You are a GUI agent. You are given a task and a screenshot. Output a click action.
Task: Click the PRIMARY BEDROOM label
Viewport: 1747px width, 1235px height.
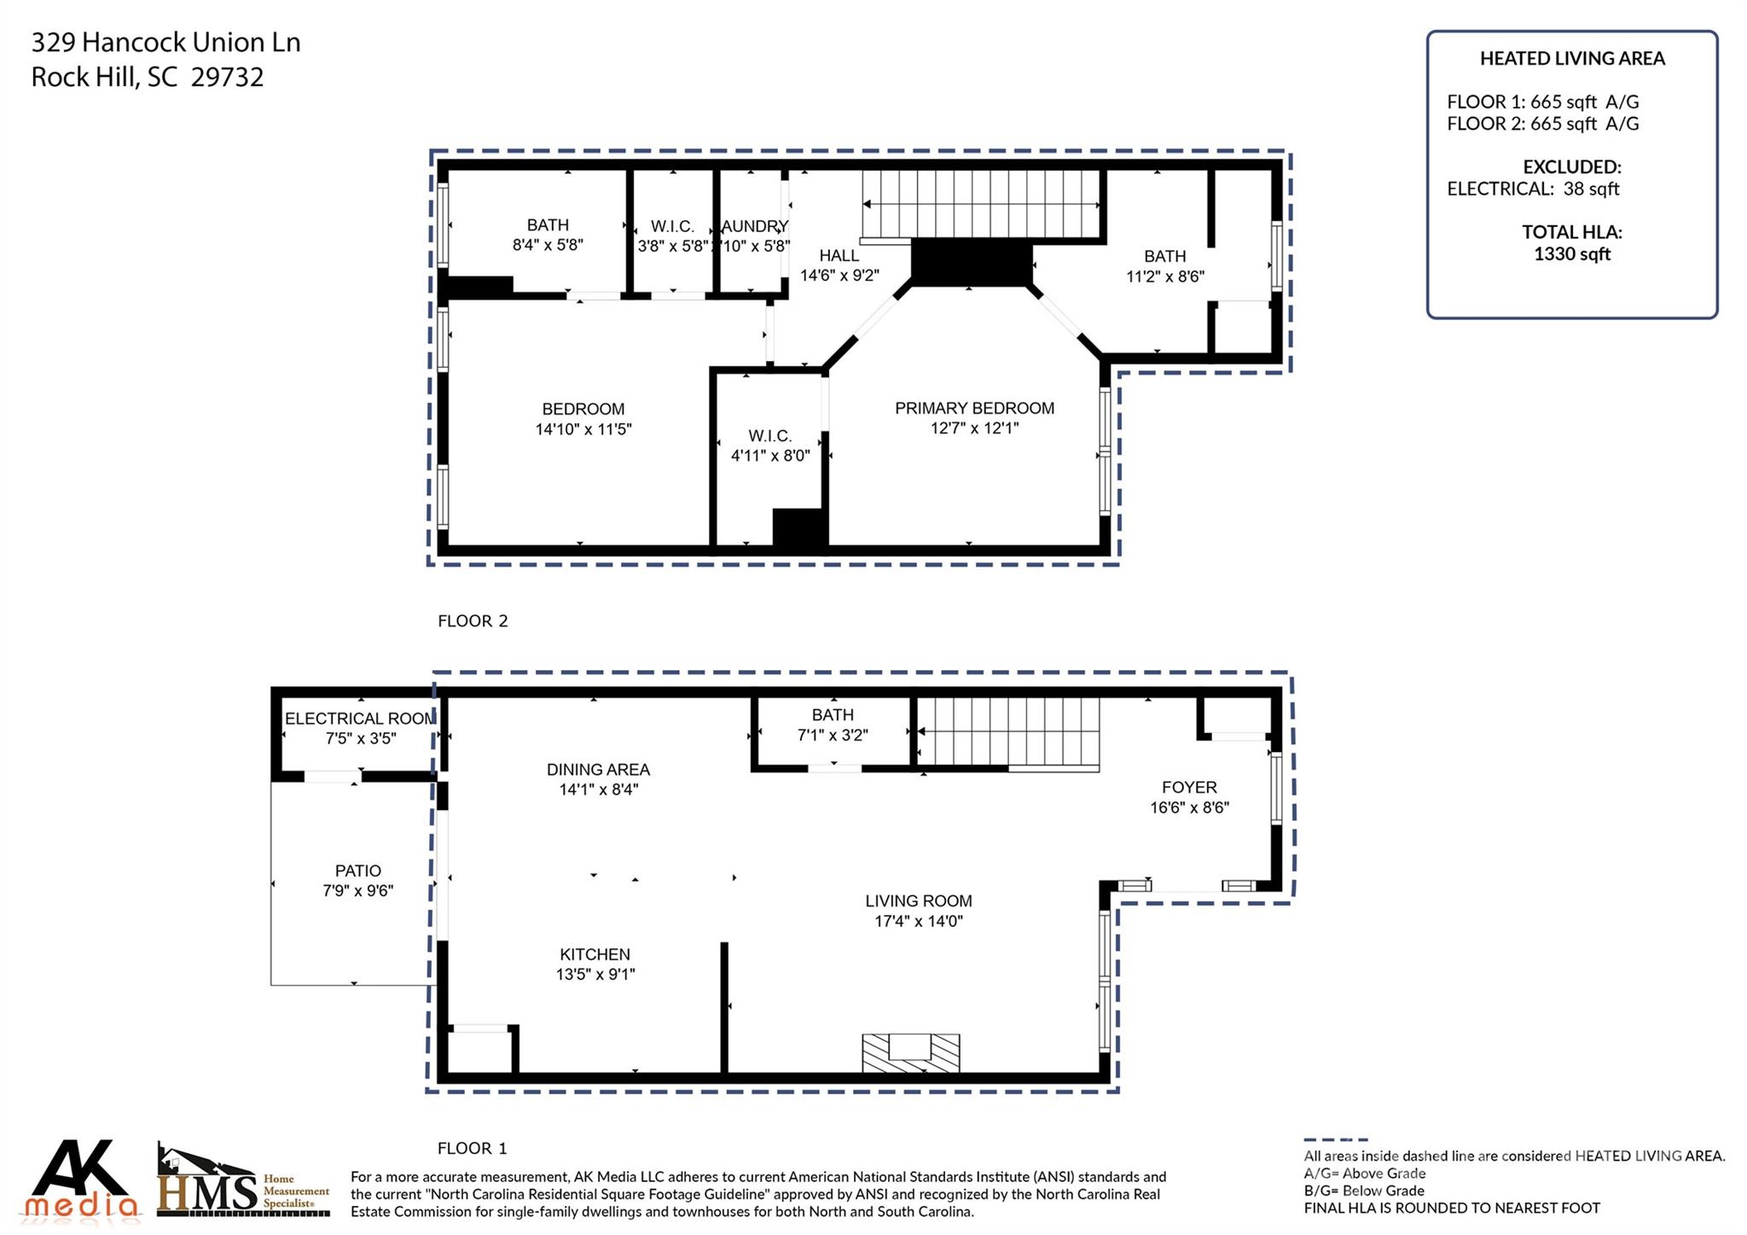coord(974,408)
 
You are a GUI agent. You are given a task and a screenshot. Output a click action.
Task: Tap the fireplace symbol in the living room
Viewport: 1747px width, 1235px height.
coord(910,1052)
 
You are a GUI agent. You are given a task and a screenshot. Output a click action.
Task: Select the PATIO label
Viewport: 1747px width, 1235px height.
coord(357,871)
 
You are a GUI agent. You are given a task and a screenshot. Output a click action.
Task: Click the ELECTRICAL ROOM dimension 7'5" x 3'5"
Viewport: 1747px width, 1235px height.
coord(361,738)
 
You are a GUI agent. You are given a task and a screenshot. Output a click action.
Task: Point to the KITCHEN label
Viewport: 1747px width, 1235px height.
coord(595,954)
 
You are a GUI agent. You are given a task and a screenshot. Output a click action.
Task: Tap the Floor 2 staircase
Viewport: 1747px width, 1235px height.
coord(981,203)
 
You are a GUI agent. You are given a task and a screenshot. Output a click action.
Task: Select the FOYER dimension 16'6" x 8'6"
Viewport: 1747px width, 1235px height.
coord(1189,807)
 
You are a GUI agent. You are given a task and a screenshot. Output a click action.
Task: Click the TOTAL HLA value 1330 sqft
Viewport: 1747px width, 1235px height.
coord(1571,254)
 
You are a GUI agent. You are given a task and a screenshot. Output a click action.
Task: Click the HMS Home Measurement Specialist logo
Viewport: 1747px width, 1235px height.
coord(242,1183)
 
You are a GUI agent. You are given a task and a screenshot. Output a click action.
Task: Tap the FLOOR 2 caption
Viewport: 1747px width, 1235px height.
coord(473,621)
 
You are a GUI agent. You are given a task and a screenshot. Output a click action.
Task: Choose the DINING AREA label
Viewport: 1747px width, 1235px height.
coord(598,769)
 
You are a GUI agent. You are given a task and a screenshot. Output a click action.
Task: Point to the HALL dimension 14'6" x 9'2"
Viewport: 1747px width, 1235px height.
coord(839,276)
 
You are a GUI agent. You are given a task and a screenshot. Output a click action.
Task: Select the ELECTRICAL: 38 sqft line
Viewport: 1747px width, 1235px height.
coord(1532,189)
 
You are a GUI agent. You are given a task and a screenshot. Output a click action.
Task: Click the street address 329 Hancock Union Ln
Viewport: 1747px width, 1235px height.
coord(165,43)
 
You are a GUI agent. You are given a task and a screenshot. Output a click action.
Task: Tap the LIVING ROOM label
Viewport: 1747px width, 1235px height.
coord(918,900)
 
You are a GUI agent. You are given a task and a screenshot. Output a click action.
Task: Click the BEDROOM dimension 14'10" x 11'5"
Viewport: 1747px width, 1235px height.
coord(583,429)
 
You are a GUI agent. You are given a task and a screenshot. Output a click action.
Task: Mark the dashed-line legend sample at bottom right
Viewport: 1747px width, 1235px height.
coord(1335,1139)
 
